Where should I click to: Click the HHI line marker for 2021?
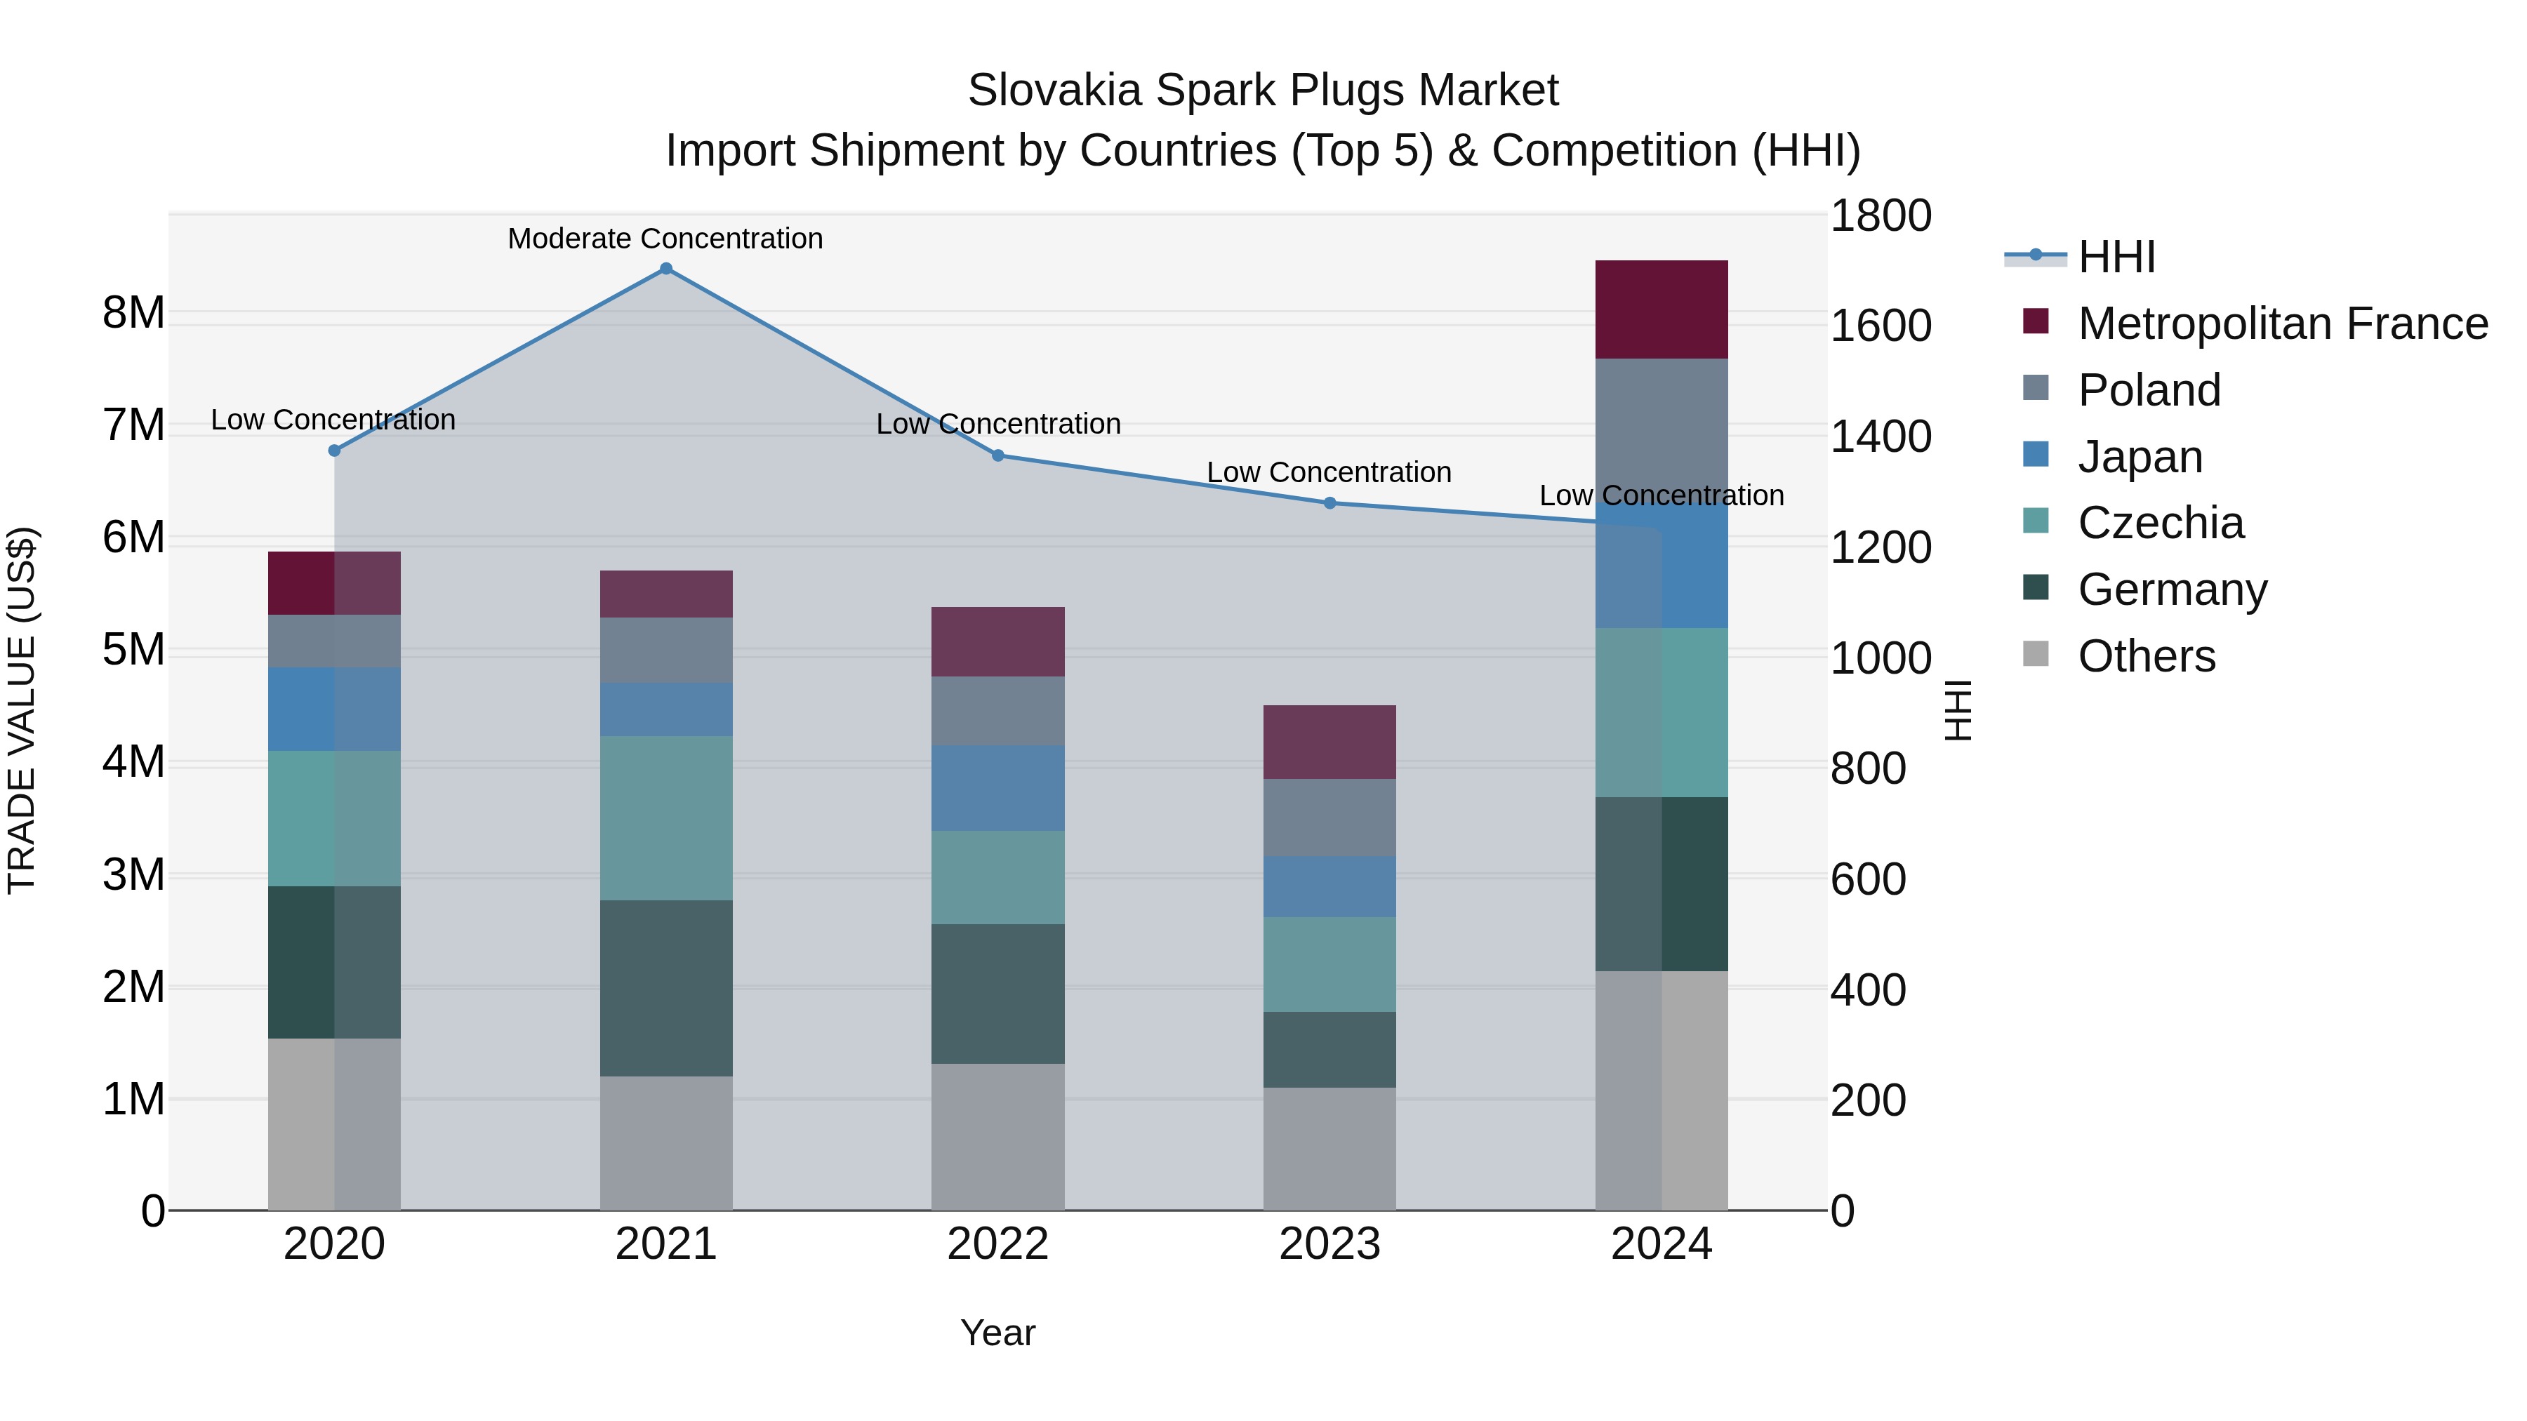click(x=666, y=269)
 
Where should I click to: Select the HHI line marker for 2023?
click(x=1329, y=503)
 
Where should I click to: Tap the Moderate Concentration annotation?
click(x=665, y=239)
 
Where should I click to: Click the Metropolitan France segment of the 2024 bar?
click(x=1661, y=310)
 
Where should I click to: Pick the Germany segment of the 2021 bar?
click(x=666, y=989)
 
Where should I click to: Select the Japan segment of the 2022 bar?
click(x=997, y=789)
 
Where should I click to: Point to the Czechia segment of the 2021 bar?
click(x=666, y=818)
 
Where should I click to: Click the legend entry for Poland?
click(x=2149, y=390)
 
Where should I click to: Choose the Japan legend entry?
click(x=2140, y=457)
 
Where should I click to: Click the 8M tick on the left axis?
click(x=133, y=313)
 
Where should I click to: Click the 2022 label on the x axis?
click(x=997, y=1244)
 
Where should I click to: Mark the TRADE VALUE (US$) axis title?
click(x=22, y=710)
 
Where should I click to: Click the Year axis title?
click(x=997, y=1333)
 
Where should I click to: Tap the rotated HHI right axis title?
click(x=1957, y=710)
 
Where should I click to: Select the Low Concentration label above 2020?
click(x=333, y=420)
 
